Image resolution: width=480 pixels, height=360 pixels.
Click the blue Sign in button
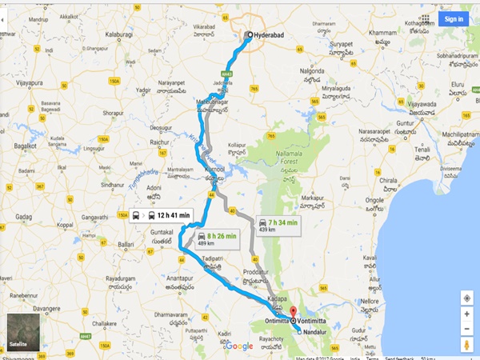(x=454, y=18)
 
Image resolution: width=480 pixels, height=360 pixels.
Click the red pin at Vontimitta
(x=292, y=313)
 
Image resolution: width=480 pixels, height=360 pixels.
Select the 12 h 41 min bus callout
(x=162, y=214)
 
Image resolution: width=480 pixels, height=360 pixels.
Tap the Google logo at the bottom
(x=238, y=346)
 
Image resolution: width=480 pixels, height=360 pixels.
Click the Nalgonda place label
(x=318, y=70)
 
